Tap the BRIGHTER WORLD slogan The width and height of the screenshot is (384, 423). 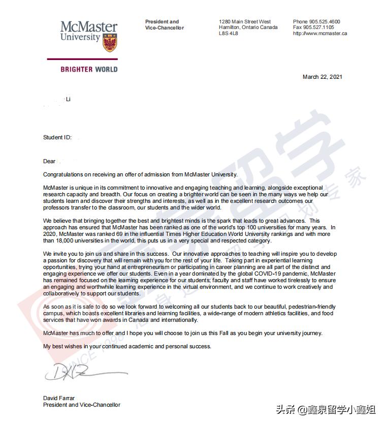tap(89, 69)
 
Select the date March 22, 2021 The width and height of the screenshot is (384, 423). tap(322, 77)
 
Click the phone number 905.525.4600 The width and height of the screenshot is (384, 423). tap(324, 22)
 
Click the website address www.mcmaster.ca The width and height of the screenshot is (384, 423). tap(320, 34)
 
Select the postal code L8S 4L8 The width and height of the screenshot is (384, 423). tap(229, 34)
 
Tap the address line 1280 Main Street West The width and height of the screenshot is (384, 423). tap(245, 22)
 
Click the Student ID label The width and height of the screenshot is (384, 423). tap(57, 137)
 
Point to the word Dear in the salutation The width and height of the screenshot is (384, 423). tap(49, 162)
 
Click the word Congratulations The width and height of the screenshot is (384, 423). tap(66, 174)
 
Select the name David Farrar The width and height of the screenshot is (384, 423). tap(59, 398)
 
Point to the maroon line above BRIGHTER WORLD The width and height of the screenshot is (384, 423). tap(89, 59)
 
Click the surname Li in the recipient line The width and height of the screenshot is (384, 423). tap(68, 99)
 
